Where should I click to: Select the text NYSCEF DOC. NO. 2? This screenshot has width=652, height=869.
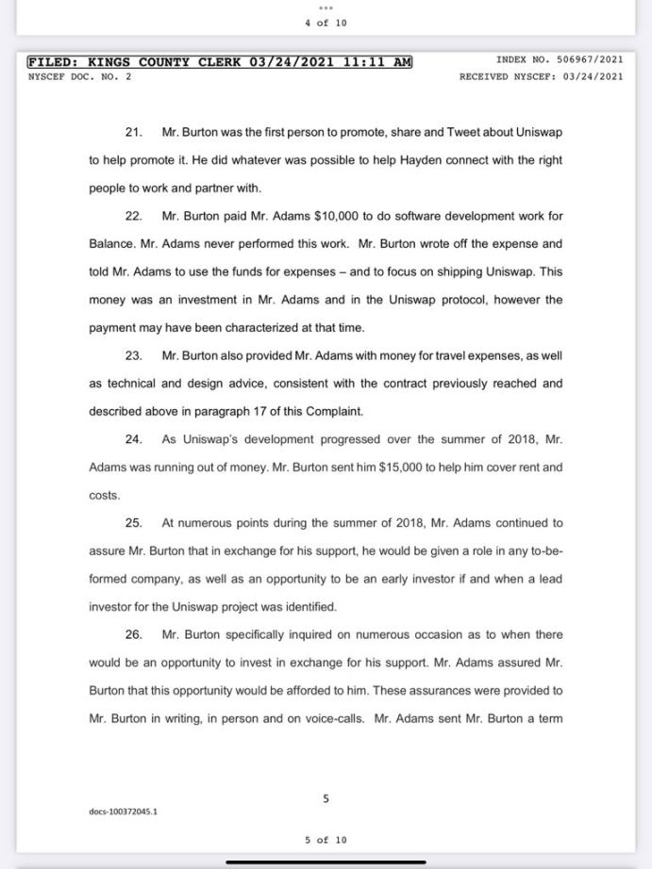click(x=78, y=76)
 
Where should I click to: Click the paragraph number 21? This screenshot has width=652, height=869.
click(x=133, y=133)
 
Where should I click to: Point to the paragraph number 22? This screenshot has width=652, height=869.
click(x=133, y=216)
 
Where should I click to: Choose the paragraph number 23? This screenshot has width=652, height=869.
click(x=133, y=355)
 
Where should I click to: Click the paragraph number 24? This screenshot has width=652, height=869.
click(x=133, y=439)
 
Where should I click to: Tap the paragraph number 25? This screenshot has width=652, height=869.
click(x=133, y=523)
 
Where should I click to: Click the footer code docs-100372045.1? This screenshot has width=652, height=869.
click(x=124, y=812)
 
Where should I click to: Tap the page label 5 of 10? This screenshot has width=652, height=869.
click(x=326, y=840)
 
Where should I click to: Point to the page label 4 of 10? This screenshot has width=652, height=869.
click(x=326, y=23)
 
